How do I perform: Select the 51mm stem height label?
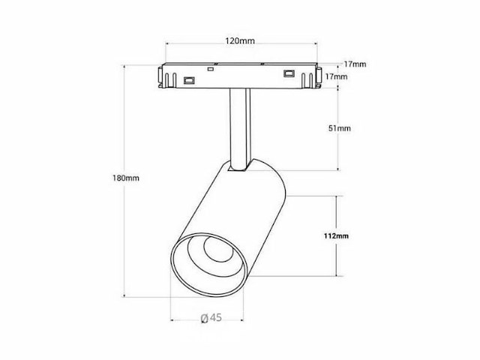[340, 128]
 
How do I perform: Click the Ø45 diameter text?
[211, 318]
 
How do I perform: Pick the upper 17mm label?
[357, 64]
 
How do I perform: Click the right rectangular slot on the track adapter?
[289, 73]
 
